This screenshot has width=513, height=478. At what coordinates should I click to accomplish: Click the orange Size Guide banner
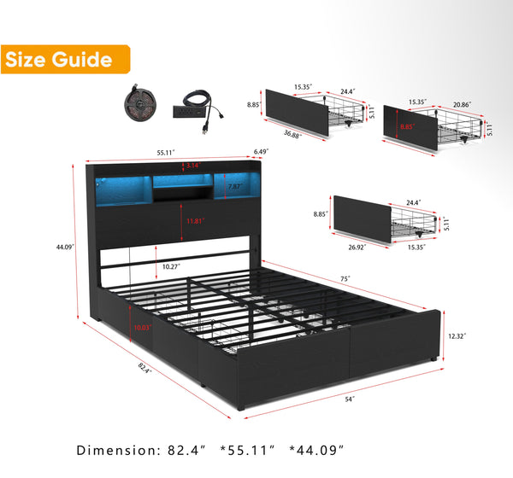(x=66, y=59)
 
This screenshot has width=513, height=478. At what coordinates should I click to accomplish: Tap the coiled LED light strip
(x=139, y=103)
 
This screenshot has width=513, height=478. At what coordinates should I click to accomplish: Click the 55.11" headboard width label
(x=166, y=153)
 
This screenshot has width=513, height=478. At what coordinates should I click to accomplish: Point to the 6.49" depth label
(x=261, y=152)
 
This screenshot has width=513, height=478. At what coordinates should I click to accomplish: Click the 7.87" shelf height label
(x=235, y=186)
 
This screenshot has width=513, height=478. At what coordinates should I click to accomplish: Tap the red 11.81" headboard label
(x=195, y=221)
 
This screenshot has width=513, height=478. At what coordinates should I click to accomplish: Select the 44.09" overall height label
(x=65, y=247)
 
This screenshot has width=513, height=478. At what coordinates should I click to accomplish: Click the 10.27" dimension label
(x=171, y=266)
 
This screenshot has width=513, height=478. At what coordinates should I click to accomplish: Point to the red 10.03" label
(x=143, y=328)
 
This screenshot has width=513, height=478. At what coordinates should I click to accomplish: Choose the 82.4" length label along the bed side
(x=144, y=368)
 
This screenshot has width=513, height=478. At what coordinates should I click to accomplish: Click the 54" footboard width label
(x=350, y=399)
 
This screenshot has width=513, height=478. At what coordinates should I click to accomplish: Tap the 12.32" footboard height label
(x=457, y=335)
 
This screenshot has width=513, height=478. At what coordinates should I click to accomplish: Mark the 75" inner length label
(x=345, y=279)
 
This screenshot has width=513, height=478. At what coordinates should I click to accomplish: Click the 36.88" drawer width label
(x=292, y=134)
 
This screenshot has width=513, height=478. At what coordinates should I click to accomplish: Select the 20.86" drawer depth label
(x=462, y=104)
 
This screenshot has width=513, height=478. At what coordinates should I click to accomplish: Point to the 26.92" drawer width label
(x=357, y=247)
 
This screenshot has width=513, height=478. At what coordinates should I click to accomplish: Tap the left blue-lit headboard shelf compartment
(x=124, y=191)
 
